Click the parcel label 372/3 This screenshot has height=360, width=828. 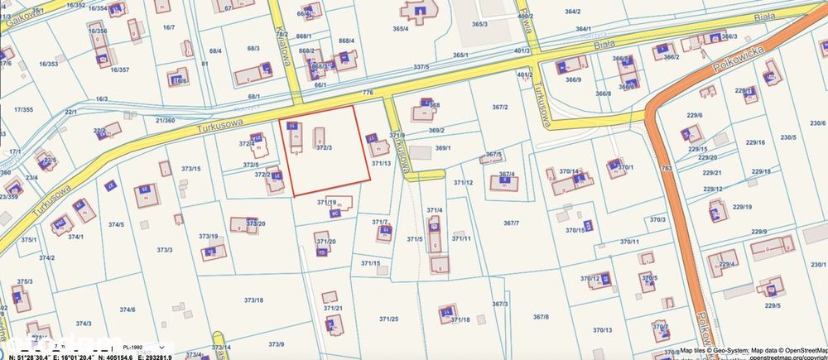point(324,148)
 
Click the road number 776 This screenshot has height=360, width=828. point(368,93)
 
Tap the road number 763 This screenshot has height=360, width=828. point(667,169)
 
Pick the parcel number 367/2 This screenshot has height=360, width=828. point(500,108)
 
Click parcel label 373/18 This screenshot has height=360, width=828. point(253,300)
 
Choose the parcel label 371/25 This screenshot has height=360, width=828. point(389,319)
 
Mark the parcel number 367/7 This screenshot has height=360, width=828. point(510,223)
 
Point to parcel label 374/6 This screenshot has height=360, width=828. point(127,310)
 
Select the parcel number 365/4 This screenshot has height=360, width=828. point(401,29)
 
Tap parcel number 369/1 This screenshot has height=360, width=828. point(443,148)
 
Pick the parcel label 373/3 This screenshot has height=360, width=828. point(164,249)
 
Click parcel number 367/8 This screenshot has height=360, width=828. point(541,317)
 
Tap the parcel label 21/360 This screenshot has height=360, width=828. point(165,120)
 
